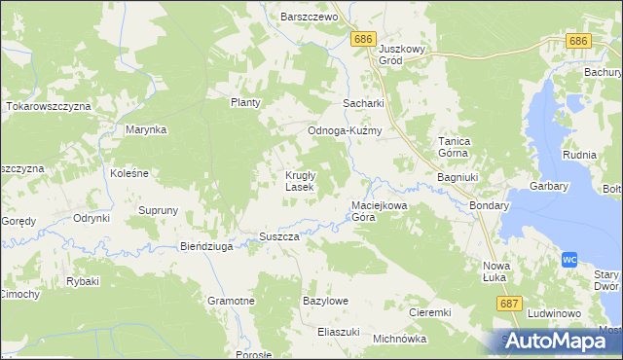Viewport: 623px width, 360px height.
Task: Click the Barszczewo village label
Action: tap(308, 18)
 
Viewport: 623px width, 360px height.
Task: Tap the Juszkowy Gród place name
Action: tap(404, 54)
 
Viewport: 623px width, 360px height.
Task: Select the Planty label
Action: tap(246, 102)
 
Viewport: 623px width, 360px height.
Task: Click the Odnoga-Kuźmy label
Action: tap(344, 130)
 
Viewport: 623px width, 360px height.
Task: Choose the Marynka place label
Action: tap(146, 129)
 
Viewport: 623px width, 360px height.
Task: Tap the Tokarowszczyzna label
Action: tap(48, 105)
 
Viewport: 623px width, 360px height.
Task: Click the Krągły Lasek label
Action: tap(298, 181)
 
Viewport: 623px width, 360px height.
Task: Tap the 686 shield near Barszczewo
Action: tap(363, 38)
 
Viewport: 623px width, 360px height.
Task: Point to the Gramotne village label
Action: tap(231, 302)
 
